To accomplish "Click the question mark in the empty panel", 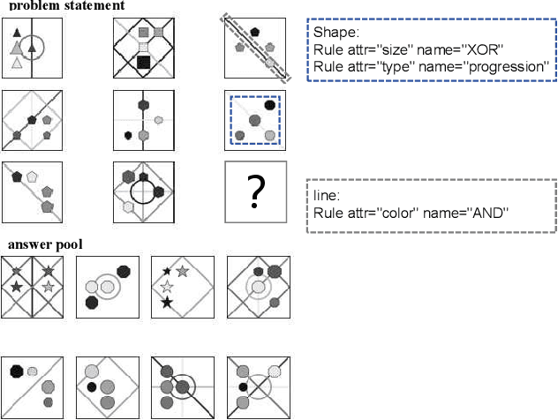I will pos(255,191).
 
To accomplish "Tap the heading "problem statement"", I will pos(66,5).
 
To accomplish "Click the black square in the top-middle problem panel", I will pos(144,62).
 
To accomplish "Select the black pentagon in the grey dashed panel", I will pos(255,32).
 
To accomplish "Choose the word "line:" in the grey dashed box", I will pos(328,195).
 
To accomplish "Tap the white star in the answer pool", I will pos(166,286).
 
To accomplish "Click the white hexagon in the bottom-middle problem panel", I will pos(129,206).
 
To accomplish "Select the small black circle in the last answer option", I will pos(243,386).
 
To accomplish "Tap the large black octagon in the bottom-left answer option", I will pos(17,371).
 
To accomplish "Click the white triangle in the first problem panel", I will pos(16,63).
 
